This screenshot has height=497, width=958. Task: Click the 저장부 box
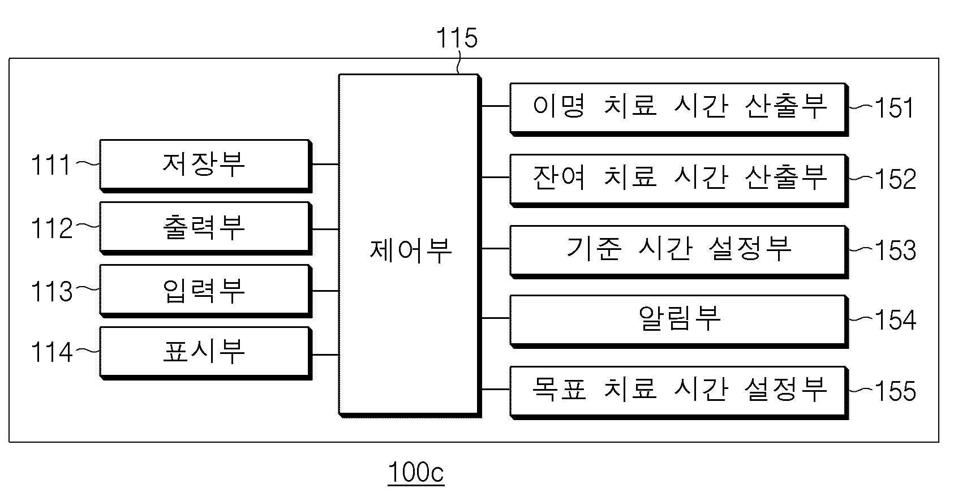pos(206,166)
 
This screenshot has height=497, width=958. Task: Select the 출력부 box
pos(206,228)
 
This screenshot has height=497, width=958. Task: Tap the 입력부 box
pos(206,291)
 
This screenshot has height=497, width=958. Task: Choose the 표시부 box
pos(206,353)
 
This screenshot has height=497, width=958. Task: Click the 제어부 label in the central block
pos(411,250)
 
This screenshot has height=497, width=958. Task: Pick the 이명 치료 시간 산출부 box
pos(679,109)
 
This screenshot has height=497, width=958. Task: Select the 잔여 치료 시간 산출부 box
pos(679,181)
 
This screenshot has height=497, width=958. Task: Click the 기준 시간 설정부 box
pos(679,252)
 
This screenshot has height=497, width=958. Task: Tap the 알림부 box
pos(679,321)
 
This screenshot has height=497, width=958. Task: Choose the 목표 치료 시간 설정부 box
pos(679,393)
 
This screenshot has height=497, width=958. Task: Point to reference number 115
pos(456,38)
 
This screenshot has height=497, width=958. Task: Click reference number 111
pos(50,165)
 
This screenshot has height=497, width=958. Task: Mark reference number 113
pos(51,291)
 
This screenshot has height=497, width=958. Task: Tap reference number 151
pos(894,107)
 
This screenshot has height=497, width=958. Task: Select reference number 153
pos(896,250)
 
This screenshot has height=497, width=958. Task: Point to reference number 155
pos(896,391)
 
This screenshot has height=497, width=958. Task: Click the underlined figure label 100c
pos(416,473)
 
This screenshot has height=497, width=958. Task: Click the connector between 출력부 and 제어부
pos(325,230)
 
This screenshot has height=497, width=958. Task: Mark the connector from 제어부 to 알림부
pos(496,318)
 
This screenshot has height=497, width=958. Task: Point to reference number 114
pos(51,353)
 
